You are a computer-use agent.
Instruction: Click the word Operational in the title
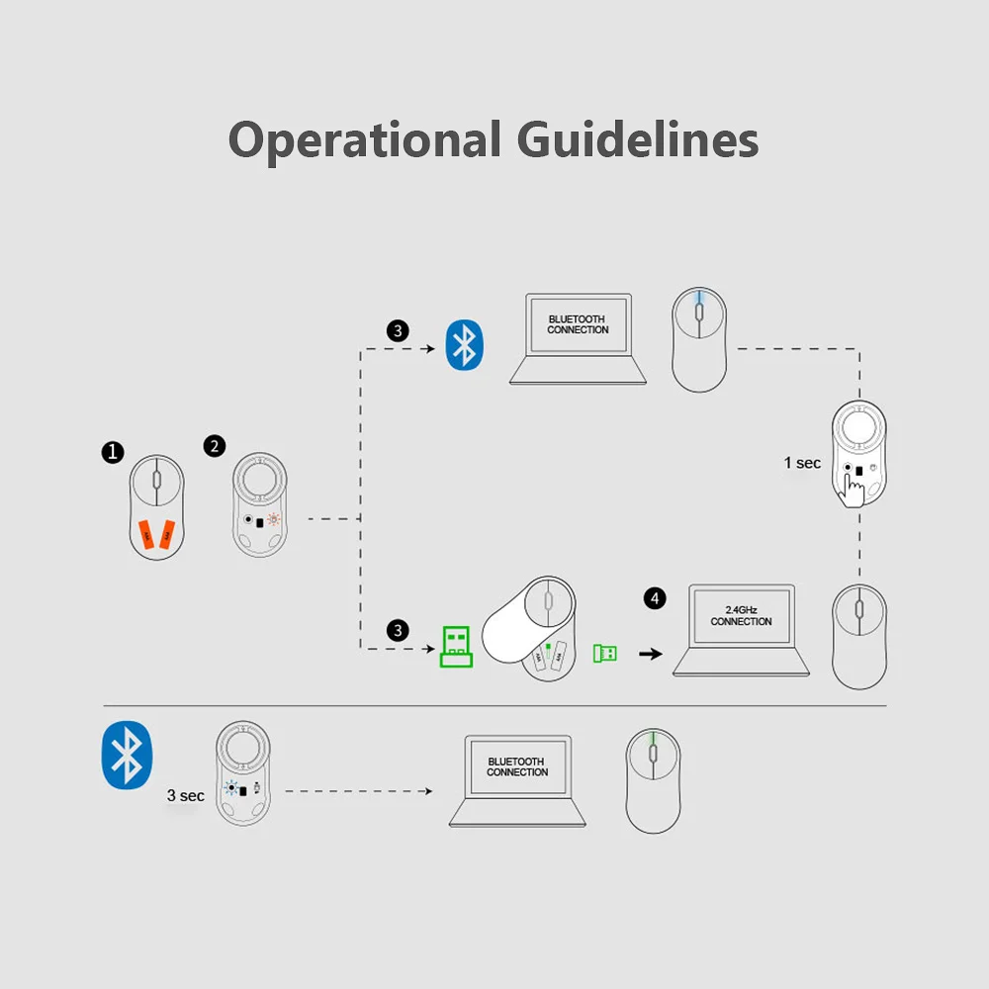(365, 140)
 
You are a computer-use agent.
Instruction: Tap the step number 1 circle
(113, 452)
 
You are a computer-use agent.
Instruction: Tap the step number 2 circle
(215, 447)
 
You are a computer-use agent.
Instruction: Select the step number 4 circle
(655, 598)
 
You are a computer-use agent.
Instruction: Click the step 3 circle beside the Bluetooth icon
(398, 330)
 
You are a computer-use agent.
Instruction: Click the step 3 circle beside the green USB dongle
(398, 630)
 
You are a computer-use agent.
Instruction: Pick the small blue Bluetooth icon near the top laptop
(464, 345)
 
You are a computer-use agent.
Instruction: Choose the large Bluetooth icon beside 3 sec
(127, 755)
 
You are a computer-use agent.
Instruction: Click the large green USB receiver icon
(456, 647)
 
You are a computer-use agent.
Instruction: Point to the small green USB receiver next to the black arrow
(605, 653)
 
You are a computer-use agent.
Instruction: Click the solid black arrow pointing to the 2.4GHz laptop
(651, 654)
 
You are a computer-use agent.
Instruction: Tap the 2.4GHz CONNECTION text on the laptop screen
(741, 615)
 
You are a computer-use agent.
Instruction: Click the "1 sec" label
(802, 463)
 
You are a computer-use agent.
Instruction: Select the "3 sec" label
(186, 795)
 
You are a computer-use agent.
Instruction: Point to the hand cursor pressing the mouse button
(853, 490)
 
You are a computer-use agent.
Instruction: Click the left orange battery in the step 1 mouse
(146, 534)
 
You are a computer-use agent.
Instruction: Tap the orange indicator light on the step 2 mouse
(273, 520)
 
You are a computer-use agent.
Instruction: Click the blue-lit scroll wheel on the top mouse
(699, 310)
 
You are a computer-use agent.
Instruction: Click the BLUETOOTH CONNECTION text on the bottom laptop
(517, 767)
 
